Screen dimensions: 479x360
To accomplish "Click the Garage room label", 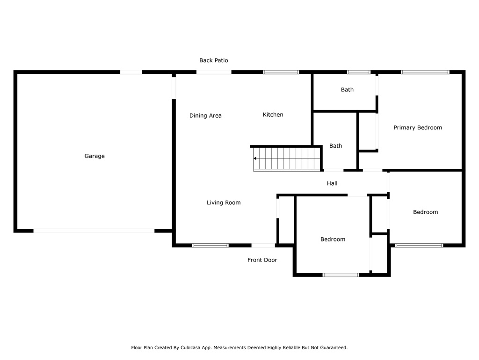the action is [94, 156].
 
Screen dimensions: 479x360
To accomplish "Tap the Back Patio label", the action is [213, 60].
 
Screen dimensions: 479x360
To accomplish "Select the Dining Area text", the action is [205, 115].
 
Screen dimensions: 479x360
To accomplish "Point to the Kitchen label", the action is [273, 114].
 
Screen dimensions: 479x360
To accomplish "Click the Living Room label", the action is [224, 202].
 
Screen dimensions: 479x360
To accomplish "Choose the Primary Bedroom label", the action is [418, 127].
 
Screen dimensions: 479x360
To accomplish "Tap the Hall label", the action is [332, 183].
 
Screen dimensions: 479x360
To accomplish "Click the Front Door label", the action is [262, 260].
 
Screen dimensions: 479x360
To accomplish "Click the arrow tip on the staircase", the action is [254, 158].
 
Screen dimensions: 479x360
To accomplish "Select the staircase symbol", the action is [287, 158].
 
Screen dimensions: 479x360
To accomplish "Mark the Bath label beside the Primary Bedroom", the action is [347, 90].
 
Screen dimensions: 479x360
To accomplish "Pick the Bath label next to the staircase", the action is [335, 146].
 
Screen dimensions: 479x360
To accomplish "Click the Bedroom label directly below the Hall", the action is [333, 240].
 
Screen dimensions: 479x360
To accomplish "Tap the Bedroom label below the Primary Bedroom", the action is [425, 212].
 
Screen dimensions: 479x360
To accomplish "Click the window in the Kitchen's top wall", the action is [281, 72].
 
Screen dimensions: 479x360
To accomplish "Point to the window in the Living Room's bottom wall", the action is [210, 245].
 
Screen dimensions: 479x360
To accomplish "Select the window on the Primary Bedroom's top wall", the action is [425, 72].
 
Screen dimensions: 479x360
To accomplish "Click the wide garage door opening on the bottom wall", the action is [94, 231].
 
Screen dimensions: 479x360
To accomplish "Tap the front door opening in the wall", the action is [263, 245].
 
